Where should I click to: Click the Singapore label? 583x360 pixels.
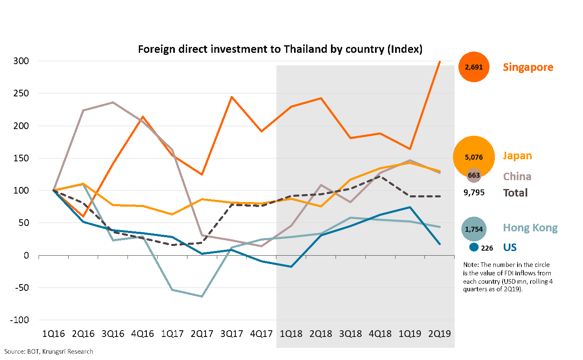pyautogui.click(x=528, y=67)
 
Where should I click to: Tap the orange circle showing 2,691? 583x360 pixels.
pyautogui.click(x=474, y=67)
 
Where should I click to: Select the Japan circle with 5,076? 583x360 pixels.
pyautogui.click(x=474, y=157)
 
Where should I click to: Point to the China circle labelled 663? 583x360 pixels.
pyautogui.click(x=474, y=175)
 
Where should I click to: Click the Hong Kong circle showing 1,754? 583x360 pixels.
pyautogui.click(x=474, y=229)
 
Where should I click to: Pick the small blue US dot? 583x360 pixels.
pyautogui.click(x=474, y=247)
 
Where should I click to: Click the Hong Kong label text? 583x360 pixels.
pyautogui.click(x=530, y=228)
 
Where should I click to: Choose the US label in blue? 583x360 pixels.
pyautogui.click(x=510, y=247)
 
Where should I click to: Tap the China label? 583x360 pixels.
pyautogui.click(x=517, y=176)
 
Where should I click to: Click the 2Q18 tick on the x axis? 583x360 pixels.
pyautogui.click(x=321, y=334)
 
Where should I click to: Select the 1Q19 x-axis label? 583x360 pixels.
pyautogui.click(x=410, y=334)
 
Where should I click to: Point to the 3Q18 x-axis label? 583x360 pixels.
pyautogui.click(x=351, y=334)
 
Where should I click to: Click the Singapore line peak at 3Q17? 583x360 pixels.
pyautogui.click(x=232, y=97)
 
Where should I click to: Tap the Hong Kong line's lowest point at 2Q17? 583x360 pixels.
pyautogui.click(x=202, y=296)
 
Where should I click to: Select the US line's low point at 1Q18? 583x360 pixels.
pyautogui.click(x=291, y=267)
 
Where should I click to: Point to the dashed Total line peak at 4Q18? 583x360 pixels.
pyautogui.click(x=380, y=176)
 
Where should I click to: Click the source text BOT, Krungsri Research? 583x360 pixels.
pyautogui.click(x=49, y=352)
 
